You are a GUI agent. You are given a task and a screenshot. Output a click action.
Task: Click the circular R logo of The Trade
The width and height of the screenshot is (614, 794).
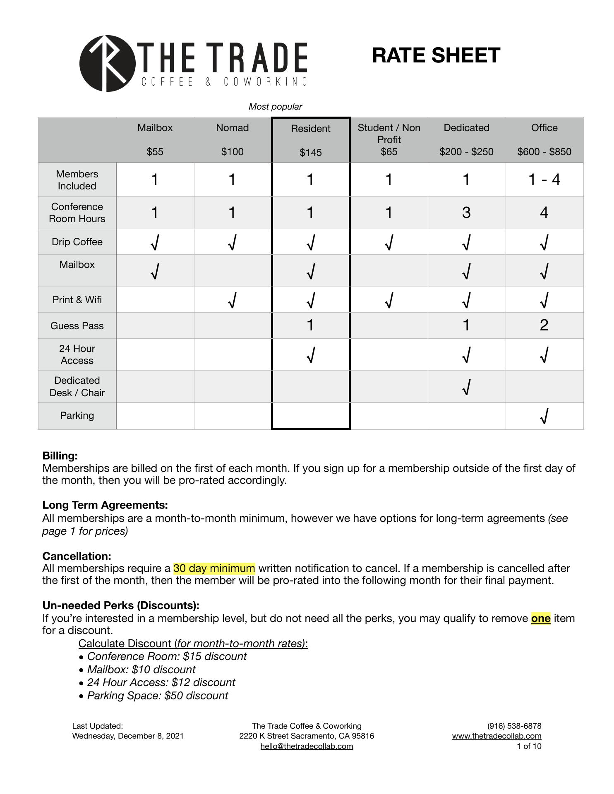point(107,63)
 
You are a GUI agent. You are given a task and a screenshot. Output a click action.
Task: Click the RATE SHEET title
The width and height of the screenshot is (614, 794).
point(436,55)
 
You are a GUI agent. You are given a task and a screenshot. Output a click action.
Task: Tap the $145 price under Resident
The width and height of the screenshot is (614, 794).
point(310,153)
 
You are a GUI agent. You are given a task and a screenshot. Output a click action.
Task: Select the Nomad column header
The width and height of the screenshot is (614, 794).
point(232,128)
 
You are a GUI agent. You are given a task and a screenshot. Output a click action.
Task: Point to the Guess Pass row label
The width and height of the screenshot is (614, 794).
point(77,326)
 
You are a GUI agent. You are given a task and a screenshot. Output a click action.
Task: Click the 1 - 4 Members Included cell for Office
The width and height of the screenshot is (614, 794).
point(544,179)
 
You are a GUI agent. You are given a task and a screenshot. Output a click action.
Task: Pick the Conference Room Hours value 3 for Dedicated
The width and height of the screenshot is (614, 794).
point(466,213)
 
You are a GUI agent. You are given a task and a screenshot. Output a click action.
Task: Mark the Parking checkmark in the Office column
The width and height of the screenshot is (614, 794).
point(544,416)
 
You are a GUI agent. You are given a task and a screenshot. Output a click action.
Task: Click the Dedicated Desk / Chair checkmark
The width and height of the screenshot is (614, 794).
point(466,387)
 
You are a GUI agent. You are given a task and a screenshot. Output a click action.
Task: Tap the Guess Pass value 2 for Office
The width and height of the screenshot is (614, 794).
point(544,325)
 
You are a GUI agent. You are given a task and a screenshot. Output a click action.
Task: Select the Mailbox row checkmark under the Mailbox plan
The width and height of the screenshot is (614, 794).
point(155,271)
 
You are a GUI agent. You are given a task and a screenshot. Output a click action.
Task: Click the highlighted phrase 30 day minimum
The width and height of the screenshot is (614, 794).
point(214,568)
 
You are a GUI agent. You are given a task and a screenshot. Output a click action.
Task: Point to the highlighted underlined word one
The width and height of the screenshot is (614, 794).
point(540,618)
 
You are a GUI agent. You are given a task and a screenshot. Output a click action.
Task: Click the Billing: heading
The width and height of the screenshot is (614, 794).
point(60,456)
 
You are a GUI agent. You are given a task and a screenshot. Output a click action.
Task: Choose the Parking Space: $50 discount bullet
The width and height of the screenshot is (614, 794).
point(157,696)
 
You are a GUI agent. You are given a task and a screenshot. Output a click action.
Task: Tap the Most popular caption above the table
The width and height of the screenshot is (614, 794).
point(275,107)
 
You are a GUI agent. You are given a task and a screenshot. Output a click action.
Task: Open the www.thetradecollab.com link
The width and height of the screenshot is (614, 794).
point(496,736)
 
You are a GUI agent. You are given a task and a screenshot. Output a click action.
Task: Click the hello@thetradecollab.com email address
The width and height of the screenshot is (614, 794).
point(307,746)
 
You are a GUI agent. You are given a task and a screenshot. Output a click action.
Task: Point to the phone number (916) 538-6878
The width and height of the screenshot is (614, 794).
point(514,726)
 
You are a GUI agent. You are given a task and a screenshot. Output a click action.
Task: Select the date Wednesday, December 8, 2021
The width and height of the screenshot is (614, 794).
point(128,736)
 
